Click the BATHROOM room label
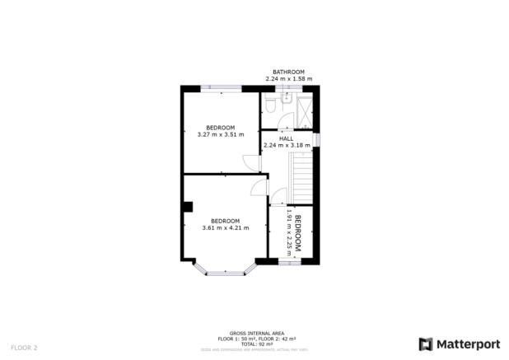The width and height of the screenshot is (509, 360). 289,72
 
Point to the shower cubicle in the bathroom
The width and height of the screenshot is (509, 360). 302,110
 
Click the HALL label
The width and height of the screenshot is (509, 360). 286,138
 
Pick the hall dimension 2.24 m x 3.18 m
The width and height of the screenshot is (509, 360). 286,146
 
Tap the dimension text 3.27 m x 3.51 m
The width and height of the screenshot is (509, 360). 222,133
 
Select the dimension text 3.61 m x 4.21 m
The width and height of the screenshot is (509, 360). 225,228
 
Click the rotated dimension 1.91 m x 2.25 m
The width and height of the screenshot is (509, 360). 288,233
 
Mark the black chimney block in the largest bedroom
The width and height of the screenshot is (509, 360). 188,207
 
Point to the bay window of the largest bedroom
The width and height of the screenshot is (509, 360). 220,270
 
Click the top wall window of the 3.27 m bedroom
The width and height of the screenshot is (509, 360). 221,87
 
